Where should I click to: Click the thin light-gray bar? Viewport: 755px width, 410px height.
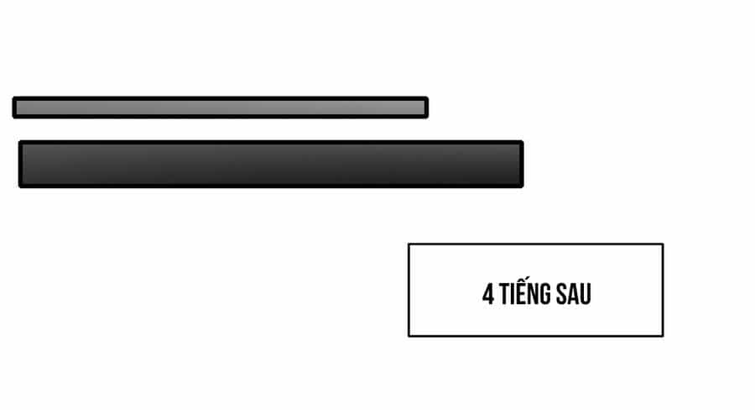(x=220, y=108)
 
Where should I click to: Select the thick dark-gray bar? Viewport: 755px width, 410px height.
(x=271, y=164)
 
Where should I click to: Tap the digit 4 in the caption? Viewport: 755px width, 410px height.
(x=487, y=295)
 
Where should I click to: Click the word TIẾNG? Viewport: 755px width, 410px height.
(x=524, y=292)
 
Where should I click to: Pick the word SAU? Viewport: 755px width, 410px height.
(x=574, y=295)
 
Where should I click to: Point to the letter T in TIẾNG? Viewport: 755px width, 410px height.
(x=504, y=295)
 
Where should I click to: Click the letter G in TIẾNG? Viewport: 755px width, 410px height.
(x=544, y=295)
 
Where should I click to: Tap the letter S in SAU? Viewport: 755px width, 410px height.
(x=562, y=295)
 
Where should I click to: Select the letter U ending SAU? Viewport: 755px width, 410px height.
(x=586, y=295)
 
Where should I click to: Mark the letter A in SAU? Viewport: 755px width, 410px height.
(x=574, y=295)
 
